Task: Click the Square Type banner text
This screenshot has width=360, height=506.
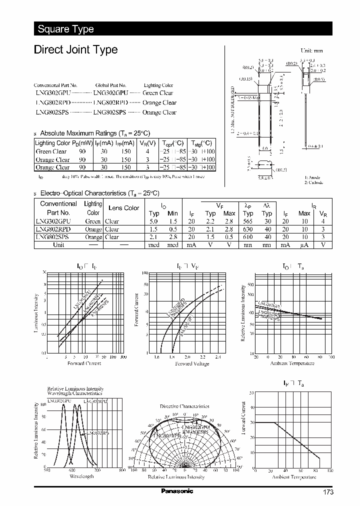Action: pyautogui.click(x=65, y=29)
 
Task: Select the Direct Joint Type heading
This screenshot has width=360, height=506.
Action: pyautogui.click(x=75, y=49)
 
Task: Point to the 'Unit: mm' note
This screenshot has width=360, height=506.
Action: pyautogui.click(x=311, y=51)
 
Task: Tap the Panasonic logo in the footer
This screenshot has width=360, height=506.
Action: pyautogui.click(x=177, y=491)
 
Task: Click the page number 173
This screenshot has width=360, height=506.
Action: pyautogui.click(x=328, y=492)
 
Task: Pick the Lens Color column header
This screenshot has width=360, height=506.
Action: pyautogui.click(x=124, y=208)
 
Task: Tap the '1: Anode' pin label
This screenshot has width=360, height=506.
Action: pyautogui.click(x=313, y=177)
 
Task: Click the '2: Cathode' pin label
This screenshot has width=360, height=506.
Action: pyautogui.click(x=314, y=183)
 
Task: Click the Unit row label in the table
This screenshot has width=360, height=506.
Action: pyautogui.click(x=58, y=245)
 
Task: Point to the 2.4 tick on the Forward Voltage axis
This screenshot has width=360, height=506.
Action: pyautogui.click(x=217, y=357)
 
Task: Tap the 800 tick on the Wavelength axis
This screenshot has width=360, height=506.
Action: pyautogui.click(x=122, y=470)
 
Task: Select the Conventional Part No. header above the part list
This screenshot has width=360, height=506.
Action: pyautogui.click(x=55, y=85)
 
